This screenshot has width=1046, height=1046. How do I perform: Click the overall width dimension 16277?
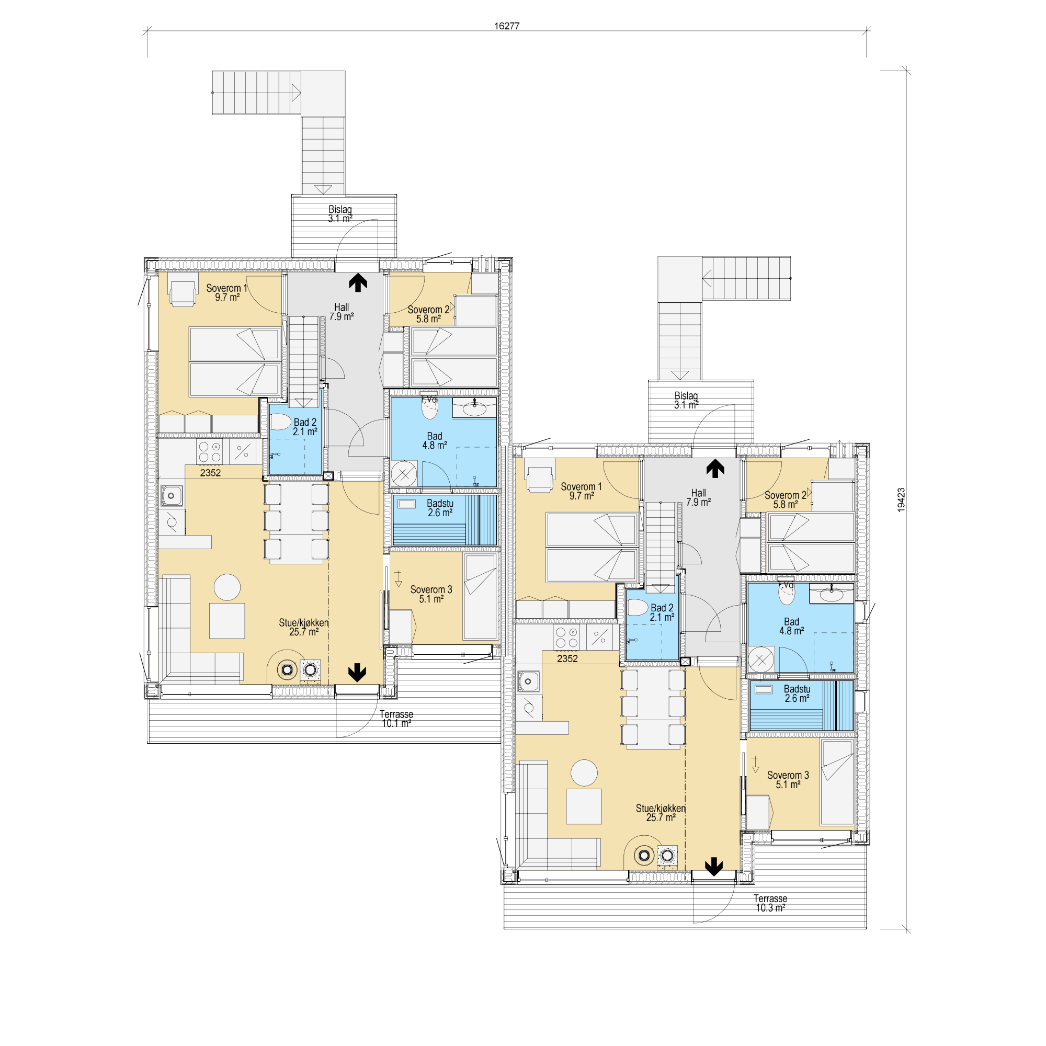pos(507,26)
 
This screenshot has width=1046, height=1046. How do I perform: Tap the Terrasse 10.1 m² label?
pos(396,719)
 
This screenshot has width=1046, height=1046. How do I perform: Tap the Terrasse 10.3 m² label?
pos(770,903)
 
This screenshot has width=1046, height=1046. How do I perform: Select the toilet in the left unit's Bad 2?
pos(280,422)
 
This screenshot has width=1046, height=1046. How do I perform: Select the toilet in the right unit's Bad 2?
pos(637,607)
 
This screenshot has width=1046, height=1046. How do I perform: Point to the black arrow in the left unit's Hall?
pos(358,282)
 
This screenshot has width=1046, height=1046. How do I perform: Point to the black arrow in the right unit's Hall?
pos(715,468)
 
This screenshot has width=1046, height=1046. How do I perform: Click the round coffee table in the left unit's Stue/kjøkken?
pos(228,587)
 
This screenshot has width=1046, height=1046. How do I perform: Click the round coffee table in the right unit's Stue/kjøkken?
pos(584,772)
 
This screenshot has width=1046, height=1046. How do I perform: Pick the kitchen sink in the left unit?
pos(172,495)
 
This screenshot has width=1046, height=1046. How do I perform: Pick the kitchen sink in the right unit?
pos(528,681)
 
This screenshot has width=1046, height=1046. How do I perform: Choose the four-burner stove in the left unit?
pos(210,452)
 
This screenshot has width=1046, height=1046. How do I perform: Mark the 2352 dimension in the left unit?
pos(211,473)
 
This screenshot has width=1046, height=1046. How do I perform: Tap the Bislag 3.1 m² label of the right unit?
pos(686,400)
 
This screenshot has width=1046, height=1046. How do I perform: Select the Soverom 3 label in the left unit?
pos(431,594)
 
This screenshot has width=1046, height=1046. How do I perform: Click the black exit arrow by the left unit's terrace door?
pos(357,673)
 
